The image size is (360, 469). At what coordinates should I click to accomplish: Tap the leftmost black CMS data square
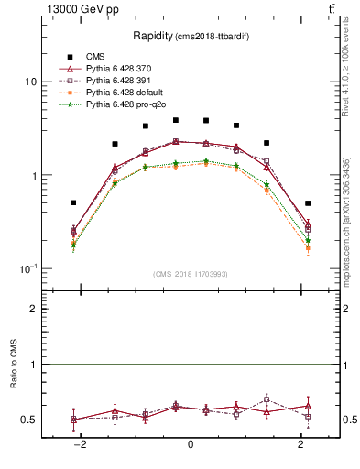tap(73, 202)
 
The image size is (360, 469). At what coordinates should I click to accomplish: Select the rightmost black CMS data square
tap(308, 203)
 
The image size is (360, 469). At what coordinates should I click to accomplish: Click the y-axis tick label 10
tap(30, 82)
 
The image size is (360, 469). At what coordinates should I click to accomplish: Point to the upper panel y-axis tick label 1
tap(33, 175)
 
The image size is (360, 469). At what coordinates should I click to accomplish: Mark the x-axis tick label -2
tap(81, 444)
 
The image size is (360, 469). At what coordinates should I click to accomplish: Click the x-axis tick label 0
tap(191, 444)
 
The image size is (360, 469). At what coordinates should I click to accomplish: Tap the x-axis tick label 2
tap(300, 444)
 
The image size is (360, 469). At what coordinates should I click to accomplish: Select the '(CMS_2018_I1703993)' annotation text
tap(190, 274)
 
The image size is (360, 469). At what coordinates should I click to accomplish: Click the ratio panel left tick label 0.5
tap(28, 420)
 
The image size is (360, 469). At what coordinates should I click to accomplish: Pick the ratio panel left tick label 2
tap(33, 310)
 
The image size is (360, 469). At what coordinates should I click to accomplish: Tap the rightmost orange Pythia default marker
tap(308, 248)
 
